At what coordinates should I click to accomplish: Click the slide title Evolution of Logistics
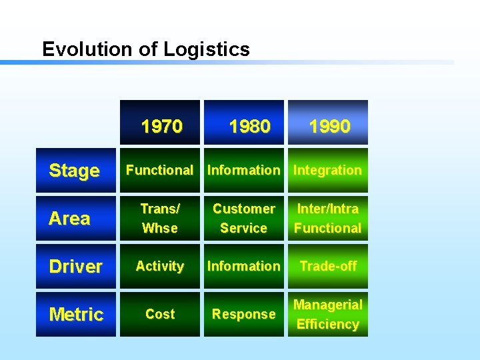[145, 49]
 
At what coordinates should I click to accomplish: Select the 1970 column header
[160, 125]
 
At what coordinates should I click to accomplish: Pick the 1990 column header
[328, 125]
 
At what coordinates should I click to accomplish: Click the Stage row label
[75, 171]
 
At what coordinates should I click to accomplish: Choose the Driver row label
[75, 266]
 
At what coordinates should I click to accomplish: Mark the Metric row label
[75, 314]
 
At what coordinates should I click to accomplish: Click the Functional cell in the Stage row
[160, 171]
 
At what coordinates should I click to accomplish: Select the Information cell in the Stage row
[244, 171]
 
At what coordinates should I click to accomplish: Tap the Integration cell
[328, 171]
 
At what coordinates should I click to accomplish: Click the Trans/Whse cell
[160, 218]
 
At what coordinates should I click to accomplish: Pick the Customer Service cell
[244, 218]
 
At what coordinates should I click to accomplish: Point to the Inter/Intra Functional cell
[328, 218]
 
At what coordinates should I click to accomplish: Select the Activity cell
[160, 266]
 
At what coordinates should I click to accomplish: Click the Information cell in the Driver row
[244, 266]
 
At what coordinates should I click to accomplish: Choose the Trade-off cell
[328, 266]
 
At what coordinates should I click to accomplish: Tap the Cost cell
[160, 314]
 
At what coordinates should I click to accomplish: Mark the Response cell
[244, 314]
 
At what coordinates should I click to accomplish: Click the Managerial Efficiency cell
[328, 314]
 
